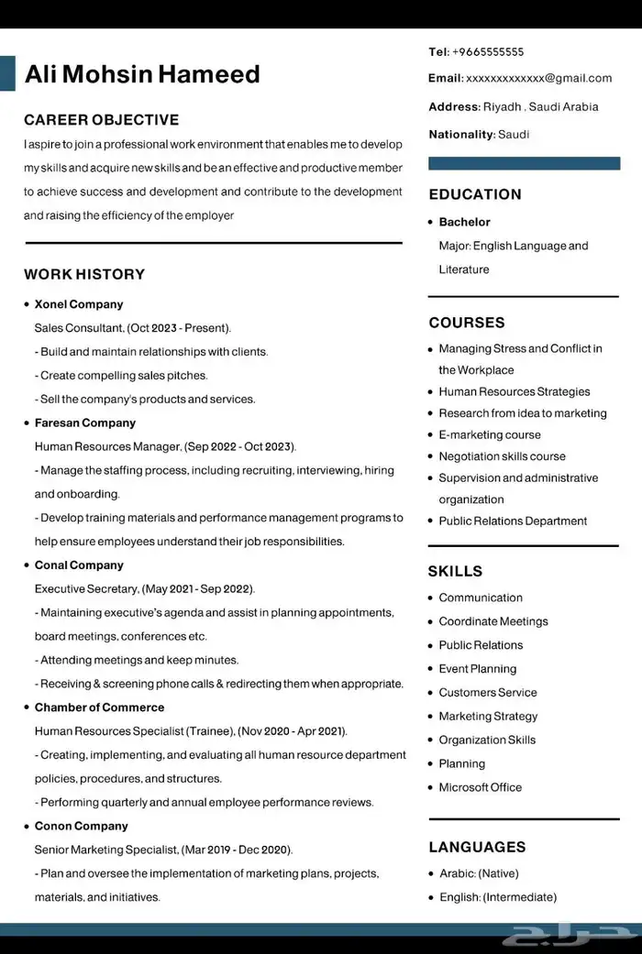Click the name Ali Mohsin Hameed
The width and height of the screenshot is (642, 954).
142,74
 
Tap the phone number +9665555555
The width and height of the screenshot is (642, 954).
488,52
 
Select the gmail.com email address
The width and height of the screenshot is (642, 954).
538,79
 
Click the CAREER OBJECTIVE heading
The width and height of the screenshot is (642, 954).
101,120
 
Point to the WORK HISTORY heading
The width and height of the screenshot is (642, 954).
84,274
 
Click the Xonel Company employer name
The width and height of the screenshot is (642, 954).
79,304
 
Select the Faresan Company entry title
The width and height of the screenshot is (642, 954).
85,423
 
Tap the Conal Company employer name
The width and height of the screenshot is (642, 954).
79,565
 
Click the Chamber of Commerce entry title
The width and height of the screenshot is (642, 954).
100,707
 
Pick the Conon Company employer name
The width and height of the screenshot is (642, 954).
82,827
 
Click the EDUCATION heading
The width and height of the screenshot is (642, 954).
475,194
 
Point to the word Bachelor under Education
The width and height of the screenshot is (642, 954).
465,223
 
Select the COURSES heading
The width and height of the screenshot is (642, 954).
467,323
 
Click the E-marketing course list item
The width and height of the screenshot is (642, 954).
490,435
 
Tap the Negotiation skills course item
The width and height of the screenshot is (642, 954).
502,456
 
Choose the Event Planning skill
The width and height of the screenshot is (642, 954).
478,669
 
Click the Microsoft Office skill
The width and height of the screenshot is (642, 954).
480,787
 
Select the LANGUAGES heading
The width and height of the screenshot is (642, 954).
477,847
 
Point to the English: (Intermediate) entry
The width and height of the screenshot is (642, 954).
497,897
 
